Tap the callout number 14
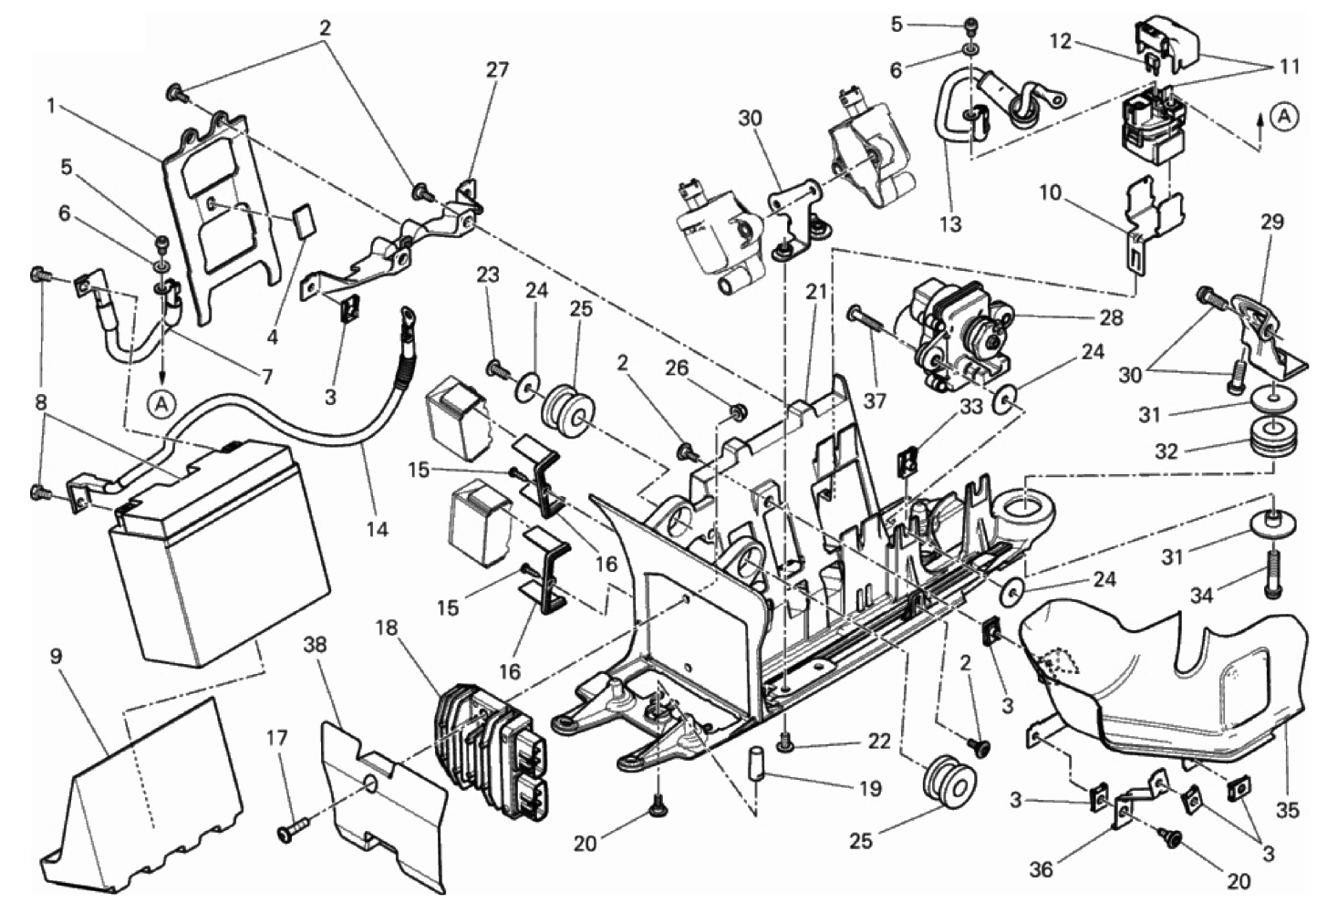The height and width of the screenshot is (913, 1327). tap(377, 528)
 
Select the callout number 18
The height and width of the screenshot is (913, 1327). tap(388, 628)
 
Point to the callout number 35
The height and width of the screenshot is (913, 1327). tap(1287, 810)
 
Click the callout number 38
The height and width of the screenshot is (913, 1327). tap(315, 645)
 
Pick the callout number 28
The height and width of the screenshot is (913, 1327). tap(1111, 317)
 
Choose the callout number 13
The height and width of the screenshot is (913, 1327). tap(951, 224)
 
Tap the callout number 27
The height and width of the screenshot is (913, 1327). tap(497, 70)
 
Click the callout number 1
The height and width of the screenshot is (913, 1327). tap(52, 107)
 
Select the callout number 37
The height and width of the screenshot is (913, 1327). tap(874, 401)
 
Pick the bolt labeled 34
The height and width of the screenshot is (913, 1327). tap(1271, 574)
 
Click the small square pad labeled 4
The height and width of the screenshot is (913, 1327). tap(304, 221)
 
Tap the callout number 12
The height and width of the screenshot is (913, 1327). tap(1061, 43)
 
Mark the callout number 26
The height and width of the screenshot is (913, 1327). tap(678, 368)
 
